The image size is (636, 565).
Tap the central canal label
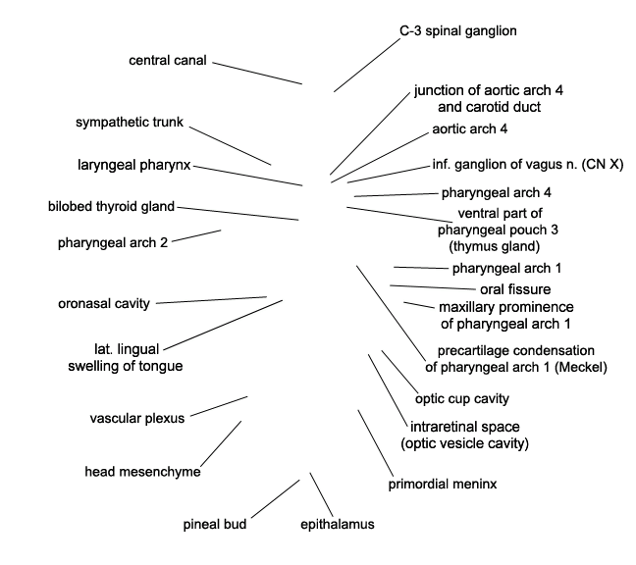(167, 62)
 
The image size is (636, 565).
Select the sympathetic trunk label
(130, 123)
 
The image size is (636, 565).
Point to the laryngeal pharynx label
(134, 165)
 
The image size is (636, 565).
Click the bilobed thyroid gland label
(111, 207)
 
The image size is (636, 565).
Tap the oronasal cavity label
(103, 303)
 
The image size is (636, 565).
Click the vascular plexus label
(137, 418)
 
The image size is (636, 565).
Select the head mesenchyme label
(142, 472)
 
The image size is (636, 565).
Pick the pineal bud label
(214, 524)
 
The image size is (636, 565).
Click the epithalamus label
(337, 524)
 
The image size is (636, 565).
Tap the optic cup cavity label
(461, 398)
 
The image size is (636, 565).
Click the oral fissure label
(514, 288)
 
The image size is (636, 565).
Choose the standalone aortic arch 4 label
(469, 128)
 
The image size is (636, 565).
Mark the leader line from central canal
(256, 74)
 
